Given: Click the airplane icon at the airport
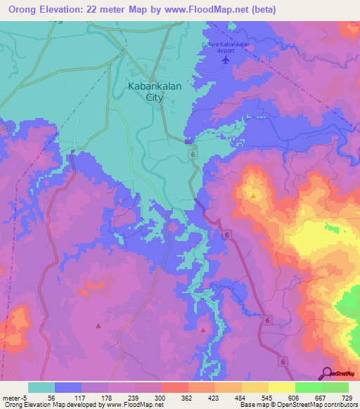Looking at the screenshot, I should point(225,60).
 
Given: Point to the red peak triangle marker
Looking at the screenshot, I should point(204,329).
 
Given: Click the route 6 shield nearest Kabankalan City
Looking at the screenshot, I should point(191,153).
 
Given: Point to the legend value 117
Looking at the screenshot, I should point(82,398).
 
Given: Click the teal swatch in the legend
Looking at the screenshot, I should point(41,387).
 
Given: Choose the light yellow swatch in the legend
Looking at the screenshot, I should point(282,387).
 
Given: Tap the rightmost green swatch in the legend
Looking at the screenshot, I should point(335,387).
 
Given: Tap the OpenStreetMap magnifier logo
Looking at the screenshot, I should point(326,373).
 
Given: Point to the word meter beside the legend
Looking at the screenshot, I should point(11,398).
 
